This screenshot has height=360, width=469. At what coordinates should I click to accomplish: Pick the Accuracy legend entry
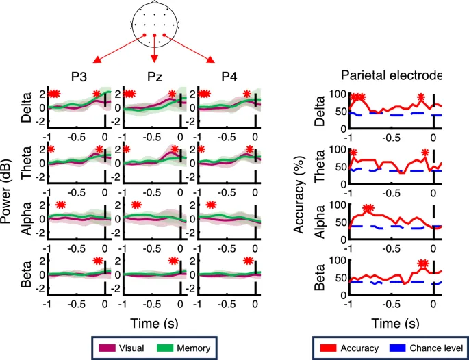[x=359, y=348]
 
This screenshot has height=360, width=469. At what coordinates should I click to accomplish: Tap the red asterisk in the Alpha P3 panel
[x=61, y=204]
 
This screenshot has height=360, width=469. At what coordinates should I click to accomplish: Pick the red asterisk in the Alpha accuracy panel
[x=369, y=208]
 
